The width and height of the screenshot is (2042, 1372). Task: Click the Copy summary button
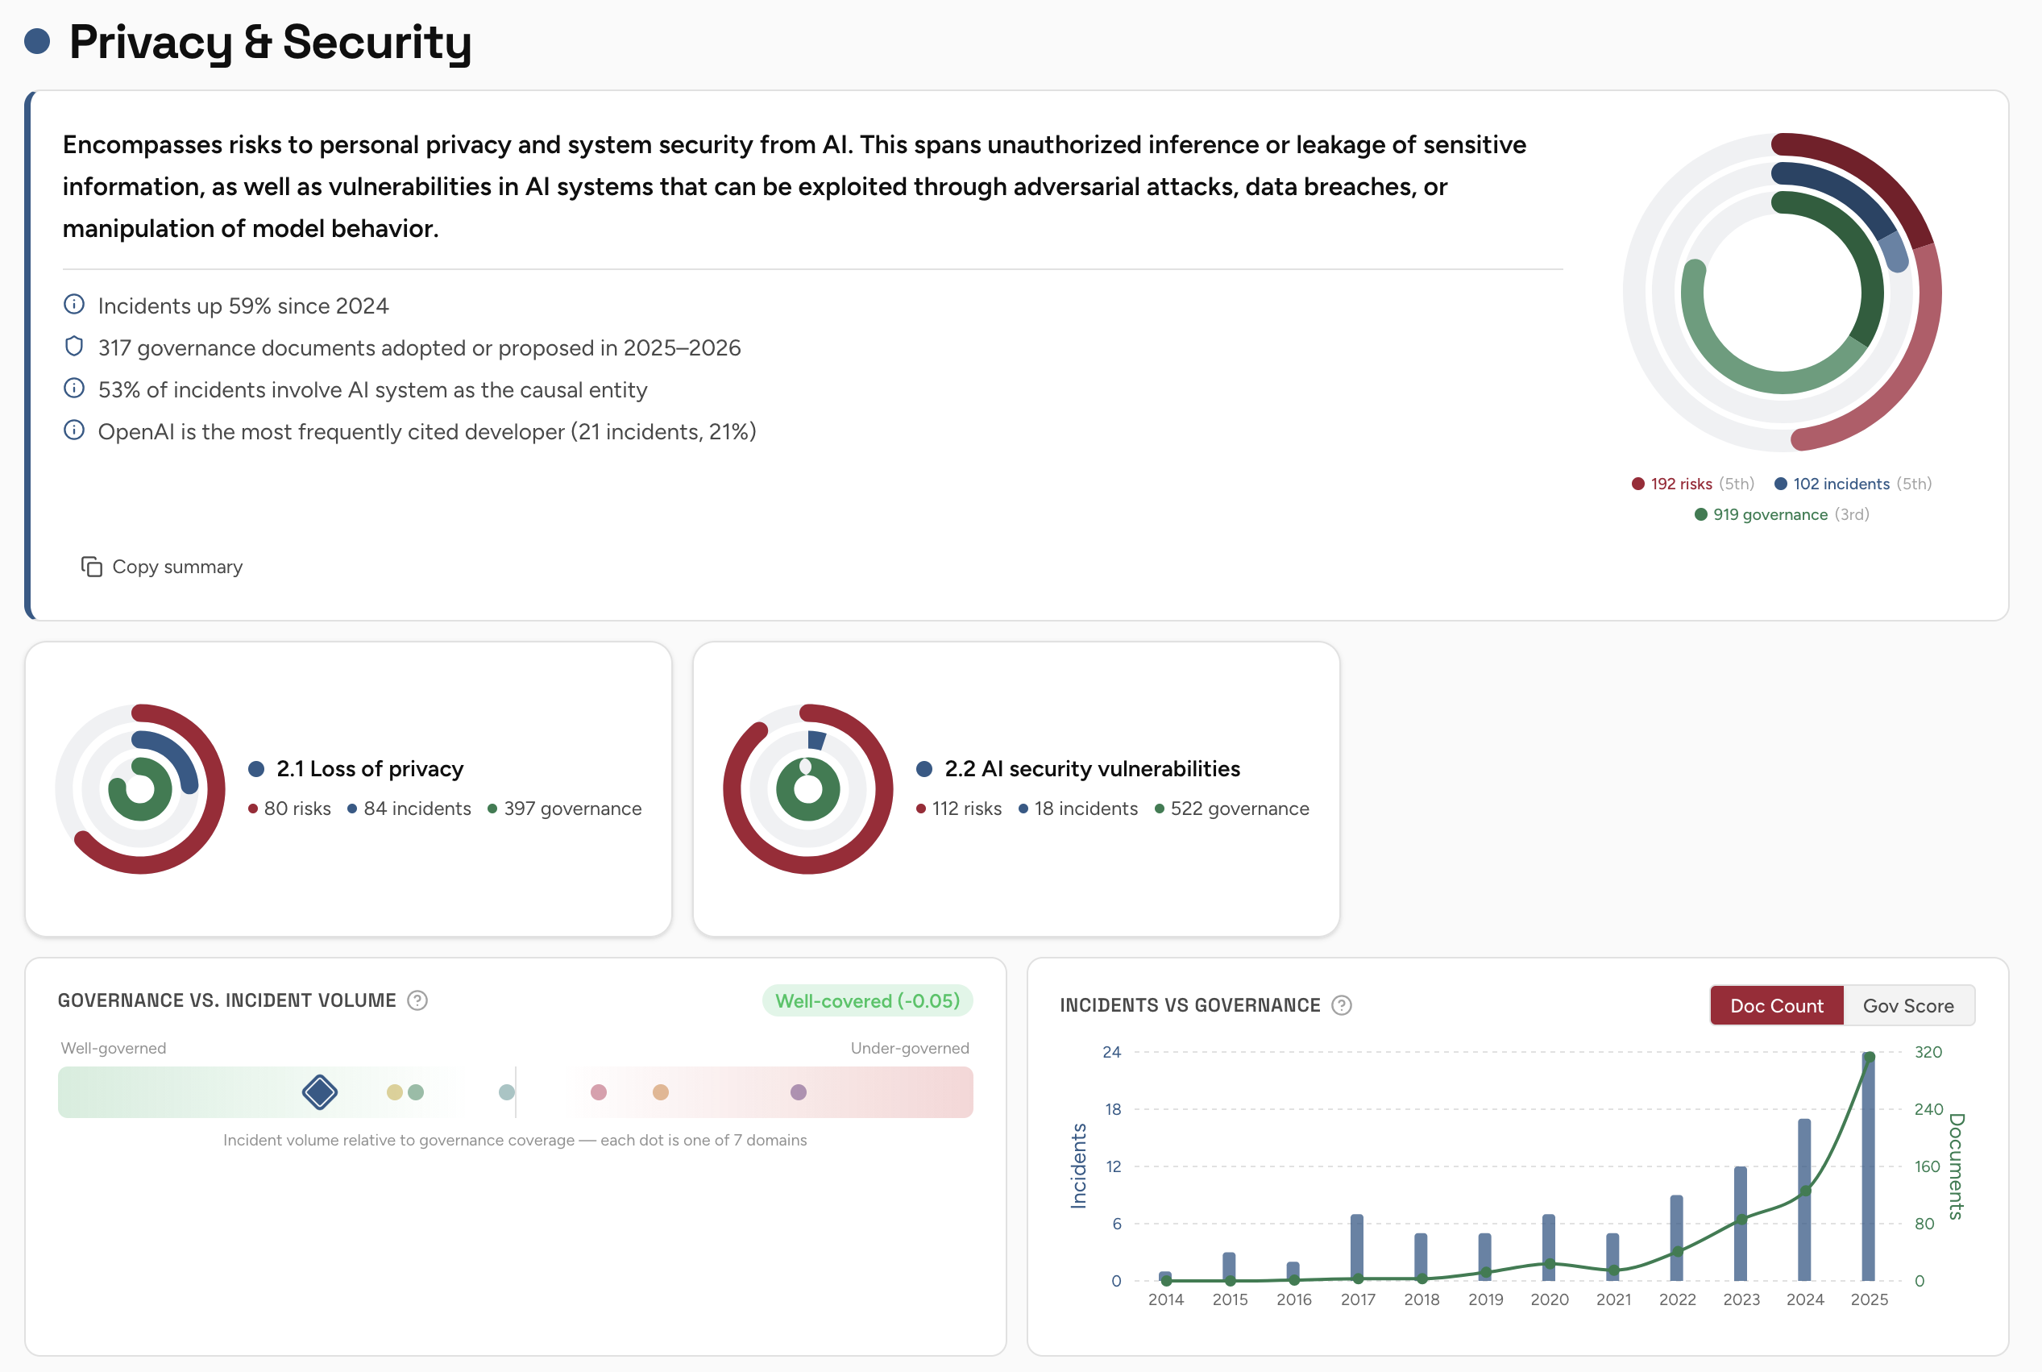click(x=162, y=567)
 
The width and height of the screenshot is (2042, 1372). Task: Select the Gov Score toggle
click(x=1907, y=1005)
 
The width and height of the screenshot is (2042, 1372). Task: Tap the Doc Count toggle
click(x=1776, y=1005)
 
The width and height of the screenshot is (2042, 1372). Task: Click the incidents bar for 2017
click(x=1356, y=1247)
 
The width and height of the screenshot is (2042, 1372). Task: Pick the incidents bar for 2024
click(x=1804, y=1199)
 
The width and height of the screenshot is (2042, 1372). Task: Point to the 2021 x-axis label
click(x=1612, y=1299)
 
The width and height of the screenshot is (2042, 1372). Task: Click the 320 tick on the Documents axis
click(x=1928, y=1052)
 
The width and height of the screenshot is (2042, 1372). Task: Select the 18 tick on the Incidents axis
click(x=1112, y=1109)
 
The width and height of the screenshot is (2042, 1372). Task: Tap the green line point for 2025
click(x=1869, y=1057)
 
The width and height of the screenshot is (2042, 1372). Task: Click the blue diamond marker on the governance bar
click(x=320, y=1092)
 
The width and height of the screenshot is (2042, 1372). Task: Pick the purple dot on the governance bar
click(x=798, y=1092)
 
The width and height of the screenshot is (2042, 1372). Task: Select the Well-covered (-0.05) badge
click(x=866, y=1000)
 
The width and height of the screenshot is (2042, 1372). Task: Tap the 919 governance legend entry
click(x=1769, y=514)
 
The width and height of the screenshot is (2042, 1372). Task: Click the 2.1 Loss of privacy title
click(x=369, y=768)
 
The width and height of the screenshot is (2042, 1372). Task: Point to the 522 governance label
click(x=1239, y=809)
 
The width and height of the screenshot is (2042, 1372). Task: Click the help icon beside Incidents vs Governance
click(x=1341, y=1005)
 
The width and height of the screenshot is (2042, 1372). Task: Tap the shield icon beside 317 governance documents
click(x=74, y=347)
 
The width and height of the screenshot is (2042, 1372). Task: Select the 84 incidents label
click(x=417, y=809)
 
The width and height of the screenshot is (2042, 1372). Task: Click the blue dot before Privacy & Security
click(x=37, y=41)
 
